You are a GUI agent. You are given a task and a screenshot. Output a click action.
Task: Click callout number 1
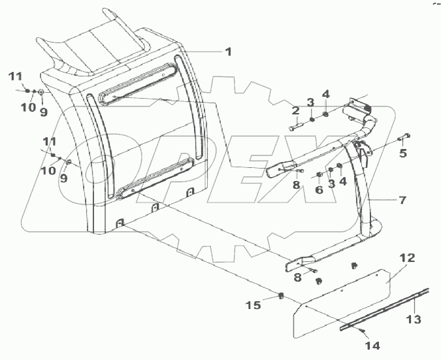coord(228,52)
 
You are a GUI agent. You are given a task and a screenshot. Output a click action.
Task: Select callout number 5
coord(403,154)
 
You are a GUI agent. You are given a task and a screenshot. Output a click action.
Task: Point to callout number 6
coord(319,189)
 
